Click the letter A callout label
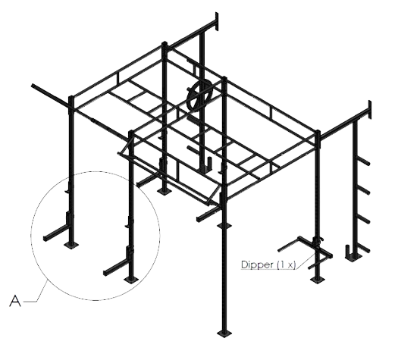[x=15, y=301]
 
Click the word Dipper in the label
[x=258, y=265]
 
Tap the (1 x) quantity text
[x=287, y=265]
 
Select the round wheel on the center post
[x=201, y=96]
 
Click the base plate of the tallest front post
[x=224, y=333]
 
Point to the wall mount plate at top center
[x=217, y=21]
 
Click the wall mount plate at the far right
[x=370, y=109]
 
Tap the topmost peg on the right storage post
[x=363, y=161]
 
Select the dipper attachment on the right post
[x=306, y=250]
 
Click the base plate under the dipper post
[x=318, y=280]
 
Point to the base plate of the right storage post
[x=353, y=258]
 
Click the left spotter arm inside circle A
[x=55, y=233]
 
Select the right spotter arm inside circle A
[x=116, y=268]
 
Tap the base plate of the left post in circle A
[x=71, y=245]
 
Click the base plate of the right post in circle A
[x=131, y=280]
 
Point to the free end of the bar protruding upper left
[x=33, y=86]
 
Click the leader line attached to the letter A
[x=36, y=292]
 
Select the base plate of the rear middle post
[x=164, y=191]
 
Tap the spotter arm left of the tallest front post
[x=208, y=214]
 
